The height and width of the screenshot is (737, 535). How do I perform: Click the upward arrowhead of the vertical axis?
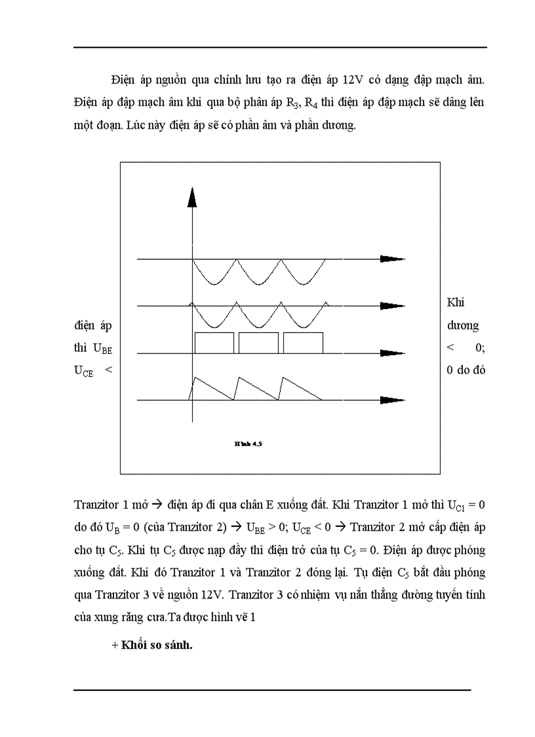192,197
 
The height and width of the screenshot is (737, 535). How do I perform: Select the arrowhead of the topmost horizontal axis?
391,259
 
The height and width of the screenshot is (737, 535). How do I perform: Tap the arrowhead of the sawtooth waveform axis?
391,399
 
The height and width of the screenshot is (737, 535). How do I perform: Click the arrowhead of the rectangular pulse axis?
391,352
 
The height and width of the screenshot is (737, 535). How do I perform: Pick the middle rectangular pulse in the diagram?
258,343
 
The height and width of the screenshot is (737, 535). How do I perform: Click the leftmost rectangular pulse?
214,343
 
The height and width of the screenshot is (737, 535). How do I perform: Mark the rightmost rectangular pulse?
303,343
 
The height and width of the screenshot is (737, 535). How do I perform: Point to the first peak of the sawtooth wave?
194,377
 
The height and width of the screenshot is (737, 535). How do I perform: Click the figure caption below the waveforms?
248,444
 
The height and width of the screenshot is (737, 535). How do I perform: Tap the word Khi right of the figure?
455,303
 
